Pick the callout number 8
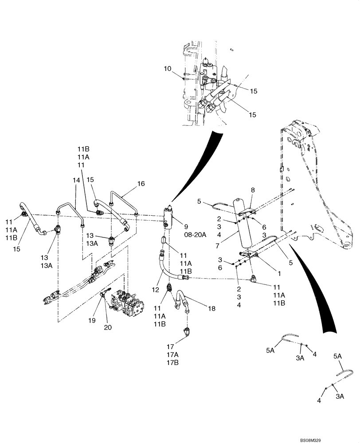click(x=253, y=190)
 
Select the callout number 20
click(x=108, y=327)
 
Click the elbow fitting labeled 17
click(x=187, y=330)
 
